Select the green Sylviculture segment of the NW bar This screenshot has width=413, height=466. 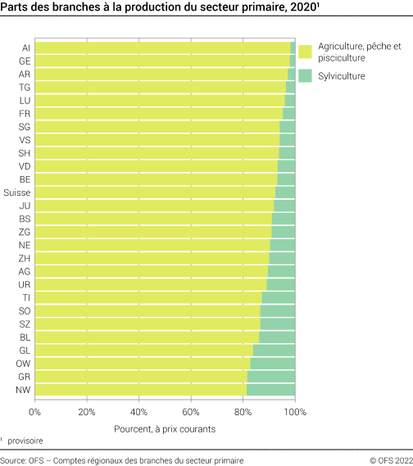(x=270, y=389)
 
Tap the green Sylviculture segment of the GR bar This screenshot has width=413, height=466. (x=271, y=376)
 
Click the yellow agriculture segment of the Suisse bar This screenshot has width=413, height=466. (x=155, y=192)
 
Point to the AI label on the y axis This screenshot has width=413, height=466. (x=26, y=48)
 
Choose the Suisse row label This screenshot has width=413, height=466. (x=17, y=192)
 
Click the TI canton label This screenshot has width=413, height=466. (x=27, y=297)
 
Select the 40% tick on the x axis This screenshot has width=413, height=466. (x=138, y=412)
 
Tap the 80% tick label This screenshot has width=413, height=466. (x=243, y=412)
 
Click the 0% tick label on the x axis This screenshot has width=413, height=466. (x=34, y=412)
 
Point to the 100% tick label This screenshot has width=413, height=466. (x=294, y=412)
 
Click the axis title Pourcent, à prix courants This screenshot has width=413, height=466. (x=164, y=428)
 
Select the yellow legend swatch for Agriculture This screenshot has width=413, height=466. (x=305, y=52)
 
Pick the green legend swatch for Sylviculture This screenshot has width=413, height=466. (x=305, y=76)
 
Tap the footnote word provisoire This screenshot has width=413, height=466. (x=27, y=441)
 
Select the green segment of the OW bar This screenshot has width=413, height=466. (x=272, y=363)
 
